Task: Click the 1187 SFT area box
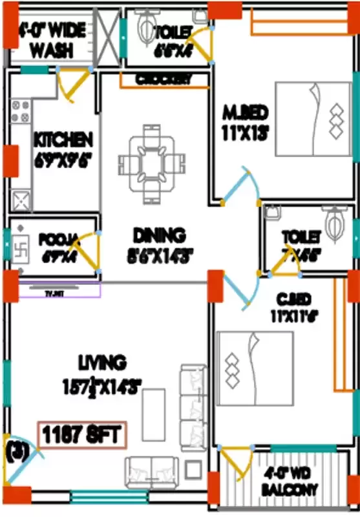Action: (x=83, y=434)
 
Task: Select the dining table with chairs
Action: (x=150, y=162)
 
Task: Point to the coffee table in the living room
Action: (x=153, y=414)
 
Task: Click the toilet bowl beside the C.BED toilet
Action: (x=335, y=224)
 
